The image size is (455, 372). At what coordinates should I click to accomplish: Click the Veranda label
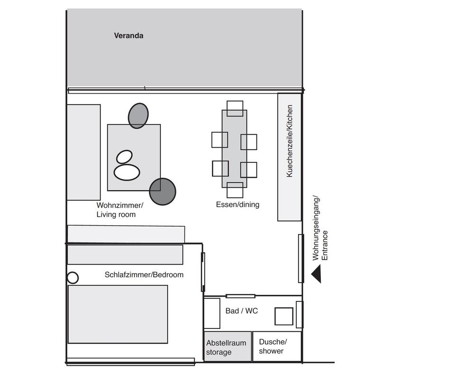click(128, 35)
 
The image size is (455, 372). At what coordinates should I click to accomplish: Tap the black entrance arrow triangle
click(317, 274)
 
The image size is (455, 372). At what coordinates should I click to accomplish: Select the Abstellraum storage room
click(227, 347)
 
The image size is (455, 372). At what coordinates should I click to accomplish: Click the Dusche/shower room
click(277, 346)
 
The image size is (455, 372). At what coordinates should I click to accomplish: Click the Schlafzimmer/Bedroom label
click(144, 275)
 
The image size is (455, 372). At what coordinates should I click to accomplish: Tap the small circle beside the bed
click(73, 278)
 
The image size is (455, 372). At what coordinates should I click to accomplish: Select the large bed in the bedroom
click(118, 314)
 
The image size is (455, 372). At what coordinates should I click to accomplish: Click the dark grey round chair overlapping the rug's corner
click(163, 191)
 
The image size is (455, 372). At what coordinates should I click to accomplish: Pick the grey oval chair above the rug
click(138, 115)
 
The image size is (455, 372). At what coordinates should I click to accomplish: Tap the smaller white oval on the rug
click(125, 157)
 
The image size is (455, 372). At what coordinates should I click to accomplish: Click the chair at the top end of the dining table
click(235, 108)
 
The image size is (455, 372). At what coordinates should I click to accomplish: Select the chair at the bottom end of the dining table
click(235, 190)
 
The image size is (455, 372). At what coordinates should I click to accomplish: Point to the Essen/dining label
click(237, 205)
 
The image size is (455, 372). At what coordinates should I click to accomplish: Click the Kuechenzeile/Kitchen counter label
click(290, 141)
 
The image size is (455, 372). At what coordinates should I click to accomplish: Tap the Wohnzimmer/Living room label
click(119, 210)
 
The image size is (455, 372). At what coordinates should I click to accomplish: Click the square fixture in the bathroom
click(284, 316)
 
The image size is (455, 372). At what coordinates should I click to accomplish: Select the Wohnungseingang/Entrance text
click(320, 228)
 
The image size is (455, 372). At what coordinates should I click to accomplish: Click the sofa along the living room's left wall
click(83, 152)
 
